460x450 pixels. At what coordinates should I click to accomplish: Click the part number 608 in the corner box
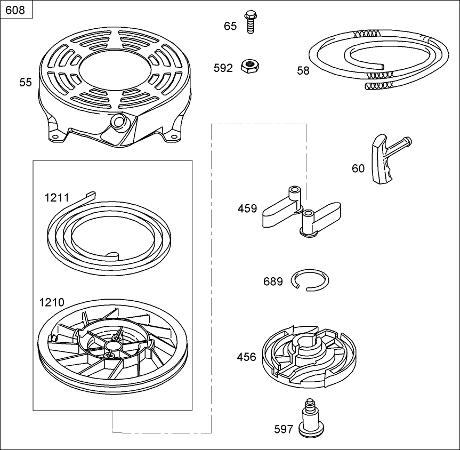[15, 10]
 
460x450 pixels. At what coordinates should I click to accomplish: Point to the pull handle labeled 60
[383, 160]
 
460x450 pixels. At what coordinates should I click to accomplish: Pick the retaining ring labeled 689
[310, 280]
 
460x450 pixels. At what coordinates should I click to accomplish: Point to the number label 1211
[57, 198]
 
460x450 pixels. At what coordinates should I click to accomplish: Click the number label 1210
[52, 303]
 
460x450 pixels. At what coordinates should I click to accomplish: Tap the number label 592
[223, 68]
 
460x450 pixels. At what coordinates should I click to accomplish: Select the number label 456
[246, 357]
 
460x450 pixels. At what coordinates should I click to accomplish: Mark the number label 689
[273, 281]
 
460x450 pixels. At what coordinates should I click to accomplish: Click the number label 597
[284, 428]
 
